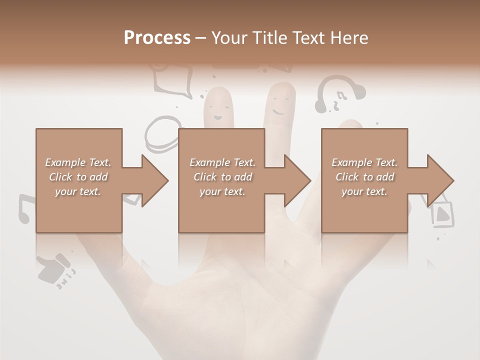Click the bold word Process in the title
point(157,38)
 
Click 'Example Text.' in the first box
point(78,162)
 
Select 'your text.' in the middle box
point(222,191)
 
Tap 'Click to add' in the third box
point(364,177)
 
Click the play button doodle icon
point(442,214)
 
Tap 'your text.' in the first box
point(78,191)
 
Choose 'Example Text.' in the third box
point(364,162)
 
